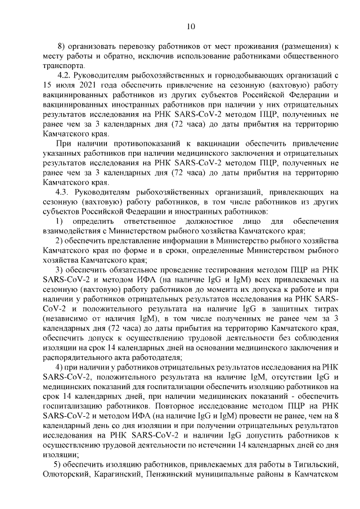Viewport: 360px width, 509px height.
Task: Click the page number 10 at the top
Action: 190,26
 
